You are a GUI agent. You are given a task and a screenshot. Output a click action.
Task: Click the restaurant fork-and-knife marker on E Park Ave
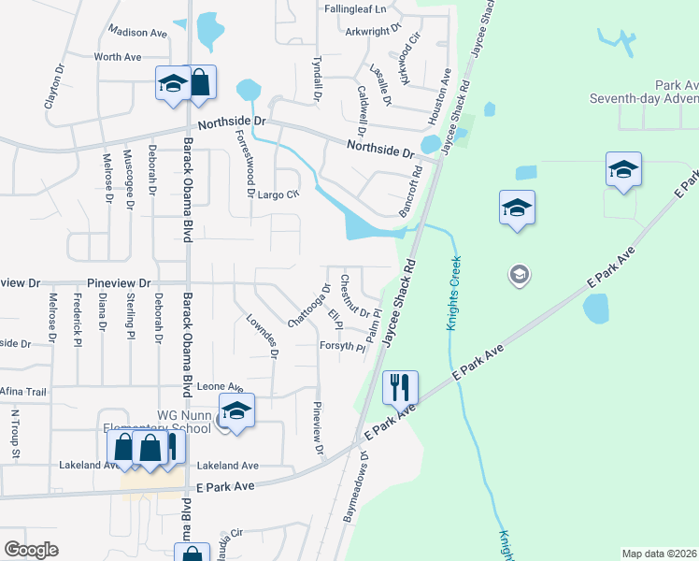(400, 386)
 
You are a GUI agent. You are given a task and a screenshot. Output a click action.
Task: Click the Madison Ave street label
(137, 33)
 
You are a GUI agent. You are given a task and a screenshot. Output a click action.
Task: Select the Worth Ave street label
(118, 57)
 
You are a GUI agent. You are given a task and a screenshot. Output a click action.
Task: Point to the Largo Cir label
(279, 194)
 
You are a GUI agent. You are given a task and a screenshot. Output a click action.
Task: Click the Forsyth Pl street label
(342, 346)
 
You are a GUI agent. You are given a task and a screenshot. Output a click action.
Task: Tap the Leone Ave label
(220, 386)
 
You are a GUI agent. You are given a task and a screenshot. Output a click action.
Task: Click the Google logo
(32, 549)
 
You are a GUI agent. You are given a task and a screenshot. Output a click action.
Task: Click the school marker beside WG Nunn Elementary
(236, 410)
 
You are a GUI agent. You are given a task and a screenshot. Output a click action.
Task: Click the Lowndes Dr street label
(262, 336)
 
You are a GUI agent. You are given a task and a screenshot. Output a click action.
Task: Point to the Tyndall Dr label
(316, 79)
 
